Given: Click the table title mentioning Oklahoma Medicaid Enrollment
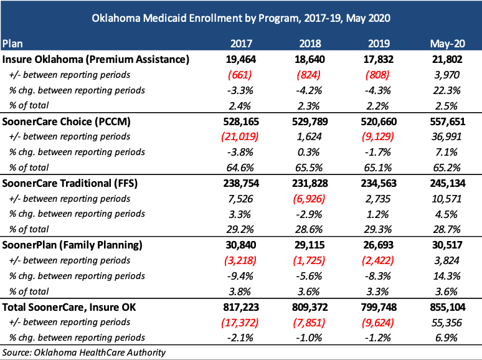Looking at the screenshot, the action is [241, 18].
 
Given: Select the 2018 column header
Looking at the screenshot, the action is [310, 44].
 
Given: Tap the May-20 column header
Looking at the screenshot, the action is [448, 44].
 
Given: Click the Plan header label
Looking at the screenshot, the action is [12, 44].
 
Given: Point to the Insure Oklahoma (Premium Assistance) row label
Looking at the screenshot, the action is [96, 59].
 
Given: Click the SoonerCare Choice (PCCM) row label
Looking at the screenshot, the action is [67, 121].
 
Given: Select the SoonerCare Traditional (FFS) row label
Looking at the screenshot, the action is [70, 183].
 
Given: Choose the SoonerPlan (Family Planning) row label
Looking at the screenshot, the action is [72, 245].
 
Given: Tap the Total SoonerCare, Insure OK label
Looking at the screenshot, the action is [69, 307].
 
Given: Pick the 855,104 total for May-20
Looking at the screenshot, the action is [448, 307].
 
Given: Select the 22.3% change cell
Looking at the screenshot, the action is [447, 90].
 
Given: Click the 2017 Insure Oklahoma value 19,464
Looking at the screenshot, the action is [241, 59].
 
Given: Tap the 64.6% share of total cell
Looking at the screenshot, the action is [240, 168].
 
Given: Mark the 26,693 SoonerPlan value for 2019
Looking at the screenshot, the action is [379, 245].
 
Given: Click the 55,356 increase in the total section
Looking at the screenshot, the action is [447, 323].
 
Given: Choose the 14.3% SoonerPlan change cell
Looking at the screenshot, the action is [447, 276].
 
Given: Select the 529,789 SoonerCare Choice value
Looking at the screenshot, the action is [310, 121].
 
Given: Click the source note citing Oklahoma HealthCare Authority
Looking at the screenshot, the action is [84, 353].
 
